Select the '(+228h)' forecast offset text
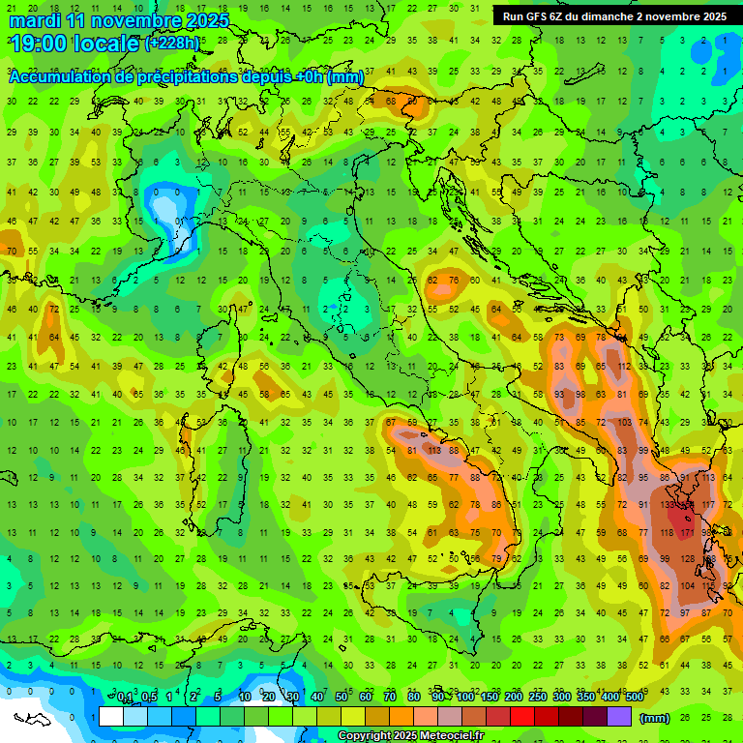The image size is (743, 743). (171, 43)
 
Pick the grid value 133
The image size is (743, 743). (668, 505)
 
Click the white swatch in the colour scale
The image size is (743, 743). (111, 717)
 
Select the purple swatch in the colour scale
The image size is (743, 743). (619, 717)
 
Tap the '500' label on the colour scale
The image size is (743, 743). (634, 698)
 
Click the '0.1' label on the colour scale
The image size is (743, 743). (125, 698)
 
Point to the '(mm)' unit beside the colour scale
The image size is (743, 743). (655, 718)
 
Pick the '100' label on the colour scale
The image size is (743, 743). (465, 698)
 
